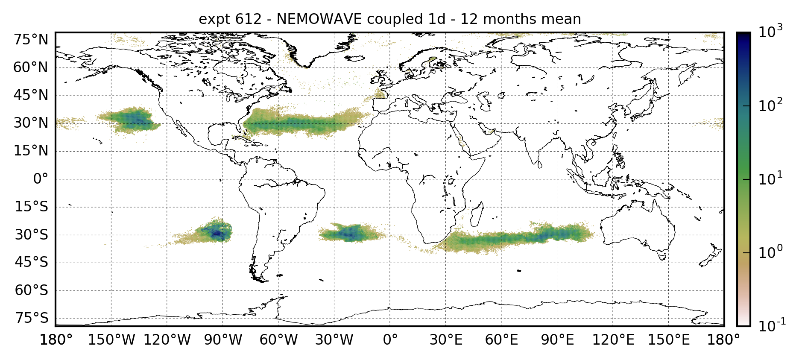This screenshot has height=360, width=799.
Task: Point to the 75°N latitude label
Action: click(x=31, y=40)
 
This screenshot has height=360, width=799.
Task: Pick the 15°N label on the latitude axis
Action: click(x=31, y=151)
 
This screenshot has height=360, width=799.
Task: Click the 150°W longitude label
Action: click(x=111, y=340)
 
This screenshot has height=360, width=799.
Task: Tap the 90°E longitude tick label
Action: click(x=557, y=340)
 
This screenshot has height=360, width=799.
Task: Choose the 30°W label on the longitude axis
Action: click(x=334, y=340)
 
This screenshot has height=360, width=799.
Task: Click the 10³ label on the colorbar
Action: click(x=770, y=32)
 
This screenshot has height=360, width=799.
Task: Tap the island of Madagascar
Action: click(x=477, y=215)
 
